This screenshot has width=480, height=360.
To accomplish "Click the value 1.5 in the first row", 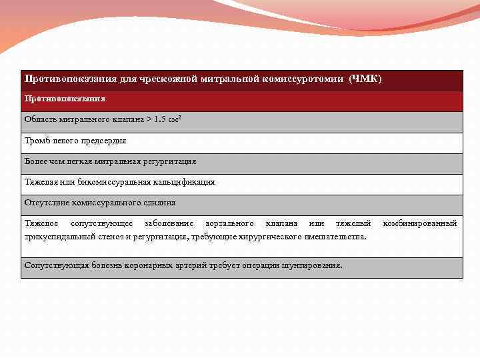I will pyautogui.click(x=160, y=121).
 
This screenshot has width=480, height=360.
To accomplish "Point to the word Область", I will pyautogui.click(x=39, y=121).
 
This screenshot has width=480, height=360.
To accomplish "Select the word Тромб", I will pyautogui.click(x=36, y=141).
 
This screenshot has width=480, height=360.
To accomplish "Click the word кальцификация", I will pyautogui.click(x=183, y=182).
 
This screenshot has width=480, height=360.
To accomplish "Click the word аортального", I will pyautogui.click(x=229, y=223).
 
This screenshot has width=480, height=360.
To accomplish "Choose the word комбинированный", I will pyautogui.click(x=419, y=223).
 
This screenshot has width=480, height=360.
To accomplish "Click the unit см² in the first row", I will pyautogui.click(x=175, y=121).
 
